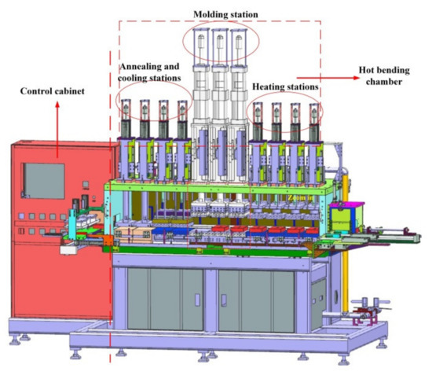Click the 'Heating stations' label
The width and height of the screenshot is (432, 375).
[x=284, y=86]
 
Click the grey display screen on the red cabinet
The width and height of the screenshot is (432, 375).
[x=42, y=178]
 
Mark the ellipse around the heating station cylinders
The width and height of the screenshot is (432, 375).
[x=284, y=112]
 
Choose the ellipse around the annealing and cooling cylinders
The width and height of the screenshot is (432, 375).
[x=153, y=101]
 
